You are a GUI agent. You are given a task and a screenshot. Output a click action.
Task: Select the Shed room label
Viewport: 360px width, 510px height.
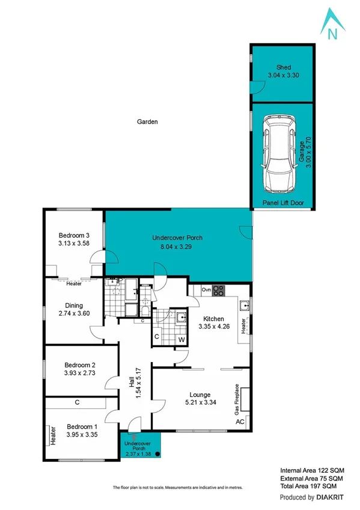(283, 67)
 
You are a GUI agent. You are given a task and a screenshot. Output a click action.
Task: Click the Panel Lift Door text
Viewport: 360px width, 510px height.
(283, 203)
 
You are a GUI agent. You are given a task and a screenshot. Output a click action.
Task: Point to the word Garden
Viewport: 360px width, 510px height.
(147, 121)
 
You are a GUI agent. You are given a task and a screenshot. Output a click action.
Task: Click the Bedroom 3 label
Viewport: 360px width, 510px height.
(74, 235)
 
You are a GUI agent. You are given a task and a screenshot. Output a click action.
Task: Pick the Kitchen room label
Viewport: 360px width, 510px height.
(213, 319)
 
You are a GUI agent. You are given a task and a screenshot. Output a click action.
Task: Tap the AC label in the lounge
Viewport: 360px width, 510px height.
(240, 422)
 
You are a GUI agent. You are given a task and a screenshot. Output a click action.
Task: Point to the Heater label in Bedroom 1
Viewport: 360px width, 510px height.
(53, 435)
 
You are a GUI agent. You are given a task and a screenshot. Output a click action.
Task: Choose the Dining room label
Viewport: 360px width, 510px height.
(70, 306)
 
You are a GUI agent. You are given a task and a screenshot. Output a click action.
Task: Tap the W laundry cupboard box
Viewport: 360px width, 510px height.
(181, 340)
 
